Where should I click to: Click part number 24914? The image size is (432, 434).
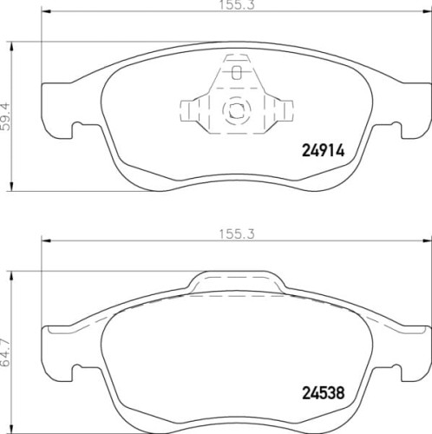pyautogui.click(x=324, y=150)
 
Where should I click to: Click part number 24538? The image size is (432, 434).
pyautogui.click(x=324, y=393)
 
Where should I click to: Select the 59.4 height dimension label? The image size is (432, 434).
pyautogui.click(x=5, y=117)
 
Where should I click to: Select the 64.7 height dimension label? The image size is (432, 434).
pyautogui.click(x=5, y=352)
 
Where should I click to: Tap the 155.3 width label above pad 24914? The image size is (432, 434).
pyautogui.click(x=237, y=4)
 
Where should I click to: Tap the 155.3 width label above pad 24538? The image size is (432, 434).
pyautogui.click(x=237, y=233)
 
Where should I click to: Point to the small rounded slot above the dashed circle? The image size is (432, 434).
pyautogui.click(x=237, y=72)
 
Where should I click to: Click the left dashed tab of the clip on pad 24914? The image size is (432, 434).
pyautogui.click(x=189, y=111)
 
